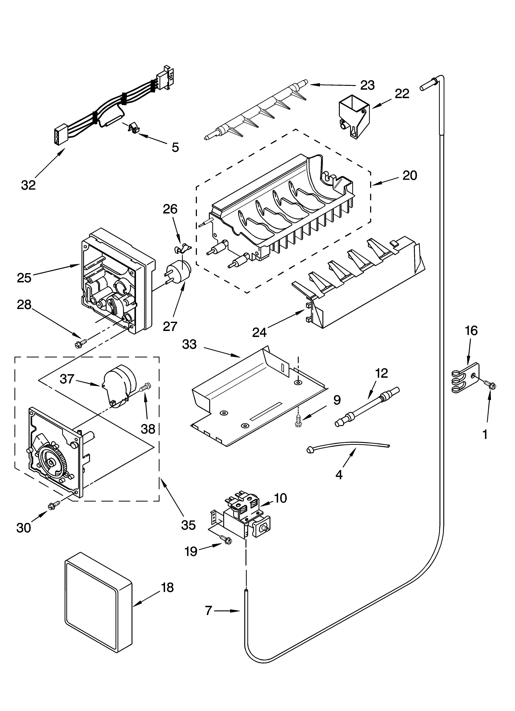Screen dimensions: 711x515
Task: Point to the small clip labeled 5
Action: pos(133,128)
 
